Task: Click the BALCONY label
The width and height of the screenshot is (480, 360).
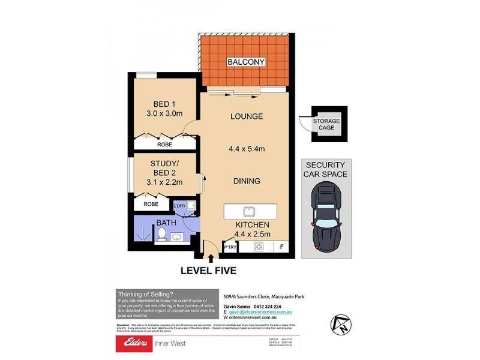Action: [246, 62]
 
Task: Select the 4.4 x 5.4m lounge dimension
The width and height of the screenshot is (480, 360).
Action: [247, 148]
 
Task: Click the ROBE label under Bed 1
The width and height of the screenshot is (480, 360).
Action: [164, 145]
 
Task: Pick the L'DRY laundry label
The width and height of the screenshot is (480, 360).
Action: [180, 206]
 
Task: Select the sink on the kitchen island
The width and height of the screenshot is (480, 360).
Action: [247, 212]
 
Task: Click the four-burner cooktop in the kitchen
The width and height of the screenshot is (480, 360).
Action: [259, 247]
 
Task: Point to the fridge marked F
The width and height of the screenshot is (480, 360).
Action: [281, 247]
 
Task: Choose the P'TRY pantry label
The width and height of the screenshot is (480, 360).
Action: [230, 247]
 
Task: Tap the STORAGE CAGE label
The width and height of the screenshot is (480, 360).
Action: [326, 125]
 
